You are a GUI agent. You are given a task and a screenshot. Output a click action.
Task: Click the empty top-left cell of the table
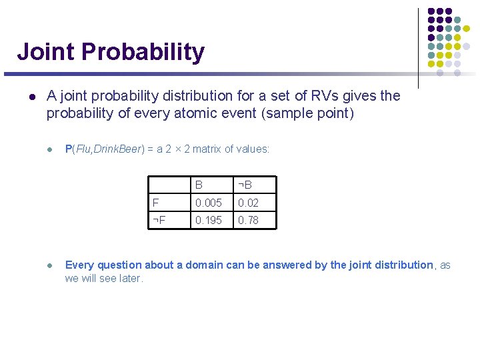pyautogui.click(x=169, y=185)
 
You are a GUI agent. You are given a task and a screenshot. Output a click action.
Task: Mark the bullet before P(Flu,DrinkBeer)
pyautogui.click(x=49, y=149)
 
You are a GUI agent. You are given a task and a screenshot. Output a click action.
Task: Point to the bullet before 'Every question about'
pyautogui.click(x=49, y=265)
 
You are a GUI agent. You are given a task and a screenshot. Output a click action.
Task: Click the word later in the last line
pyautogui.click(x=130, y=279)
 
